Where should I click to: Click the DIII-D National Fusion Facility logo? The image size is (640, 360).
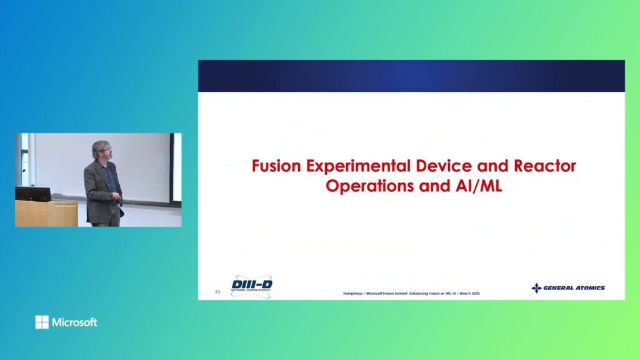click(251, 286)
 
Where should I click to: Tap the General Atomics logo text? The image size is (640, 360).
click(574, 288)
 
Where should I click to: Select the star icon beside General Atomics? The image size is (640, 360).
click(536, 288)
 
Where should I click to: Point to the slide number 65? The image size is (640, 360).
click(217, 292)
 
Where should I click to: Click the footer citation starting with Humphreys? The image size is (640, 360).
click(411, 294)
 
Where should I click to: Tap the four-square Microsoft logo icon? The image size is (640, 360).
click(42, 322)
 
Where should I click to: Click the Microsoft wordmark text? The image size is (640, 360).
click(74, 322)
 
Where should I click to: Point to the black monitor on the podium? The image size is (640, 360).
click(32, 194)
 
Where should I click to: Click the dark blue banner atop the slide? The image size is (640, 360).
click(411, 76)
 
